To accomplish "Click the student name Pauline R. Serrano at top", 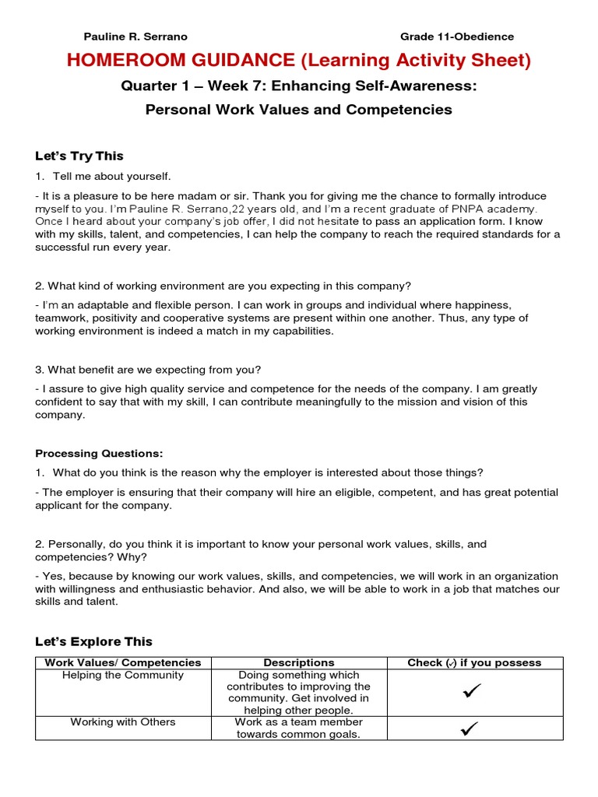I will coord(135,37).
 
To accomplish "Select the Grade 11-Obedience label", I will coord(456,37).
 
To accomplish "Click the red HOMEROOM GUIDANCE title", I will coord(298,61).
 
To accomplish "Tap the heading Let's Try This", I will coord(79,156).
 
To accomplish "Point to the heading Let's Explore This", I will coord(93,641).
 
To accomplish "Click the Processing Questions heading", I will coord(99,453).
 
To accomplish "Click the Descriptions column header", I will coord(299,662).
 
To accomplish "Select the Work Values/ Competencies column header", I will coord(123,662).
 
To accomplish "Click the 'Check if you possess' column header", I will coord(474,662).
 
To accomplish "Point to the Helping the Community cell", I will coord(123,675).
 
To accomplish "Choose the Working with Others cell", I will coord(123,722).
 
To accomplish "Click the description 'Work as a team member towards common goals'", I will coord(299,728).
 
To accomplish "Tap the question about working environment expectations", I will coord(223,285).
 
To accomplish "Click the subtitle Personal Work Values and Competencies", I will coord(298,110).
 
